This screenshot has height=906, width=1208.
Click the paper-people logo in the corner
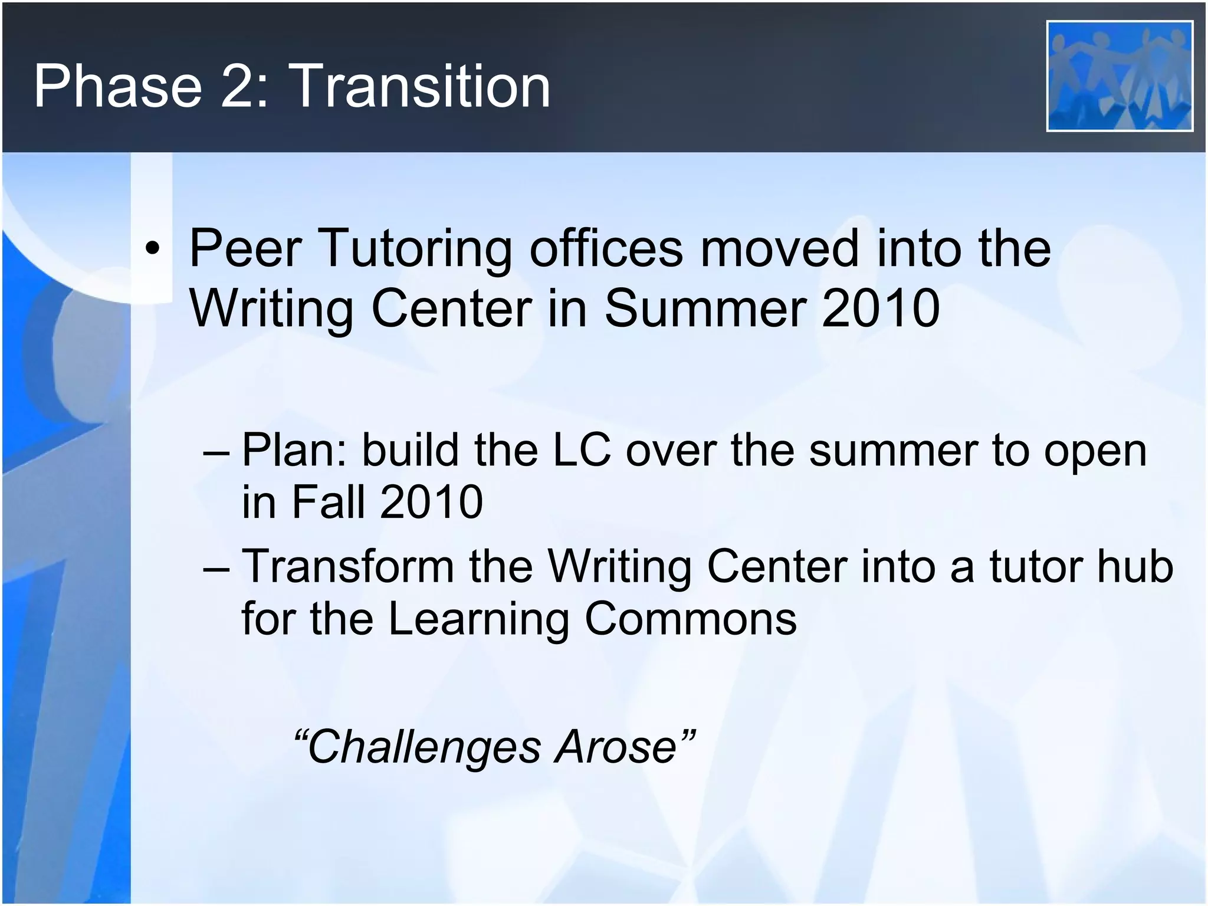(x=1120, y=76)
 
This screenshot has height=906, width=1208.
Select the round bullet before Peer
(x=153, y=250)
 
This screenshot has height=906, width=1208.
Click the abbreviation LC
(x=581, y=451)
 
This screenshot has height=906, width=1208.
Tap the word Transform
(x=347, y=567)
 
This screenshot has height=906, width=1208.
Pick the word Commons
(x=690, y=619)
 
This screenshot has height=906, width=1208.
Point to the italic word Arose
(x=616, y=747)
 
